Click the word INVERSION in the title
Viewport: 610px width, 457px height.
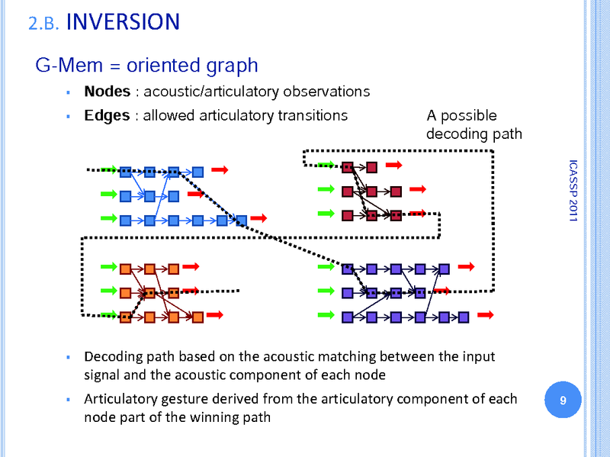click(x=123, y=21)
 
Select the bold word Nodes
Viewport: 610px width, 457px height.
click(x=108, y=92)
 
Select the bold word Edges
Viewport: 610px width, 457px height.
click(x=107, y=116)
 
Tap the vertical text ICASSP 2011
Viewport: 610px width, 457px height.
click(x=573, y=191)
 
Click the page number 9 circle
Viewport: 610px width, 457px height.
click(x=563, y=401)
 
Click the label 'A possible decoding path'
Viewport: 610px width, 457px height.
click(x=474, y=125)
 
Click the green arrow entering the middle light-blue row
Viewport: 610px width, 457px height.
click(x=108, y=195)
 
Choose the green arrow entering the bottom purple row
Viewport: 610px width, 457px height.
click(x=327, y=314)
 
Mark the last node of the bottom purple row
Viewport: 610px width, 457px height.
click(x=464, y=316)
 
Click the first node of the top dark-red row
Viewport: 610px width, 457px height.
click(x=348, y=167)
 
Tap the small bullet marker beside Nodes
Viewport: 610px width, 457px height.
click(x=68, y=92)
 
